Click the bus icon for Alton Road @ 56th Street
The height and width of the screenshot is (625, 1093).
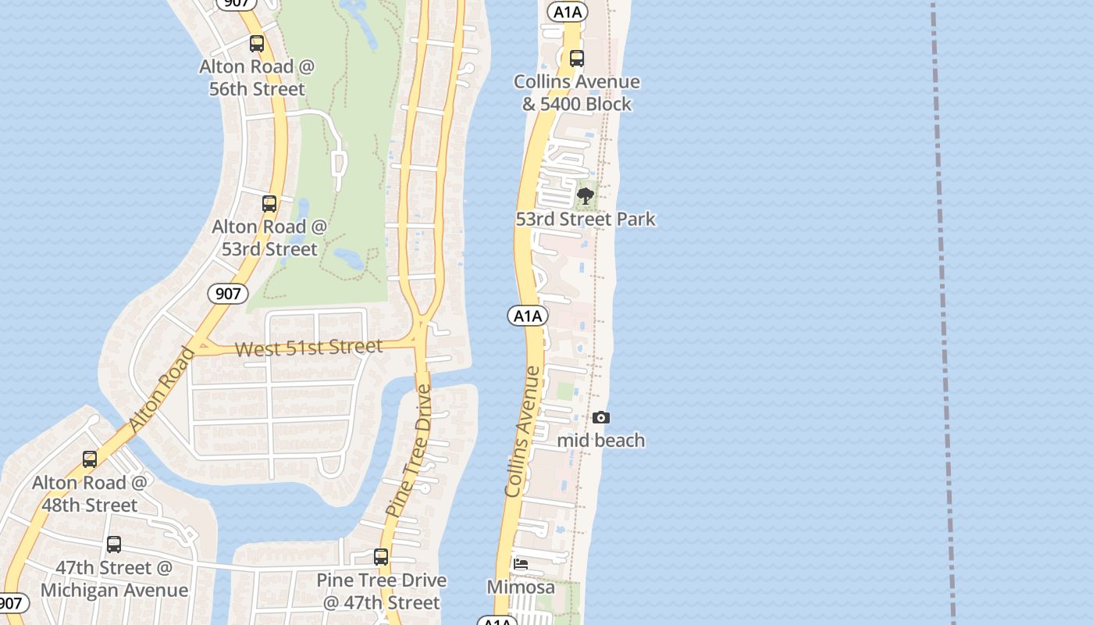click(257, 44)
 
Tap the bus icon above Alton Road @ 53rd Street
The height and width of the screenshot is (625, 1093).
click(269, 204)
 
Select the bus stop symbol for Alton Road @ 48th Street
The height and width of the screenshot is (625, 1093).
click(90, 459)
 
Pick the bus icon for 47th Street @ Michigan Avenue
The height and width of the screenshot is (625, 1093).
click(114, 545)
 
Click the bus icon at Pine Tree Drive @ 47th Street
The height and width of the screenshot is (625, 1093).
click(381, 557)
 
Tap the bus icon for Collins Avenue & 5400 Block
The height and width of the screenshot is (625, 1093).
click(577, 59)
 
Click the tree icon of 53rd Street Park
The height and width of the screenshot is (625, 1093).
click(586, 195)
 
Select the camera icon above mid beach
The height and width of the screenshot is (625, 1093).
click(600, 418)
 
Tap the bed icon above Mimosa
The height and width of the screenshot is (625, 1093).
click(521, 564)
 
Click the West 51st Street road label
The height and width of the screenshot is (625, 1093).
click(308, 348)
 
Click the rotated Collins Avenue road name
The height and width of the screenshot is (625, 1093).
click(523, 431)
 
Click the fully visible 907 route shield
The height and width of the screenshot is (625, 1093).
click(227, 294)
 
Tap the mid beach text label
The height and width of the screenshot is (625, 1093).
click(601, 441)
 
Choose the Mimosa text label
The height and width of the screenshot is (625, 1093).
click(521, 587)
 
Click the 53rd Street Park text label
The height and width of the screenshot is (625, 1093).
click(586, 220)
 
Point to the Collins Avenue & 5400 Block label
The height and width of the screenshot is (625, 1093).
click(577, 93)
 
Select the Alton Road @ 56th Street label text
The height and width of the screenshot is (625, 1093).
click(257, 78)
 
